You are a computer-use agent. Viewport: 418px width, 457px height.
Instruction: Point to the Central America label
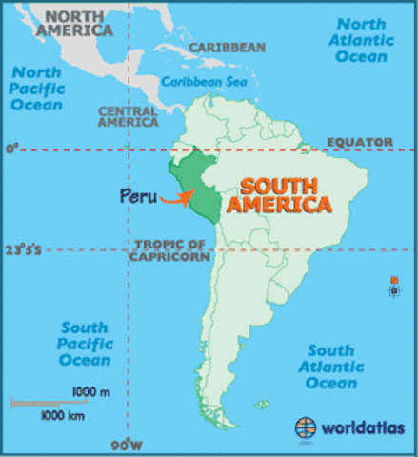128,115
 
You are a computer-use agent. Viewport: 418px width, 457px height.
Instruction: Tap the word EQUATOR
360,142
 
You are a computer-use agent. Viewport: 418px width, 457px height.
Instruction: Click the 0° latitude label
11,149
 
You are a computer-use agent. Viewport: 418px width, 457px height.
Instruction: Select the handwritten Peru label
138,197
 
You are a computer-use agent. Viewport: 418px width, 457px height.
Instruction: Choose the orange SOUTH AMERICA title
286,194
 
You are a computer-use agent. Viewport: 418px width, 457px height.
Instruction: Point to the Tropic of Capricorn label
170,249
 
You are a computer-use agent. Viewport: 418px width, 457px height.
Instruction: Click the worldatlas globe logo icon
307,427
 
